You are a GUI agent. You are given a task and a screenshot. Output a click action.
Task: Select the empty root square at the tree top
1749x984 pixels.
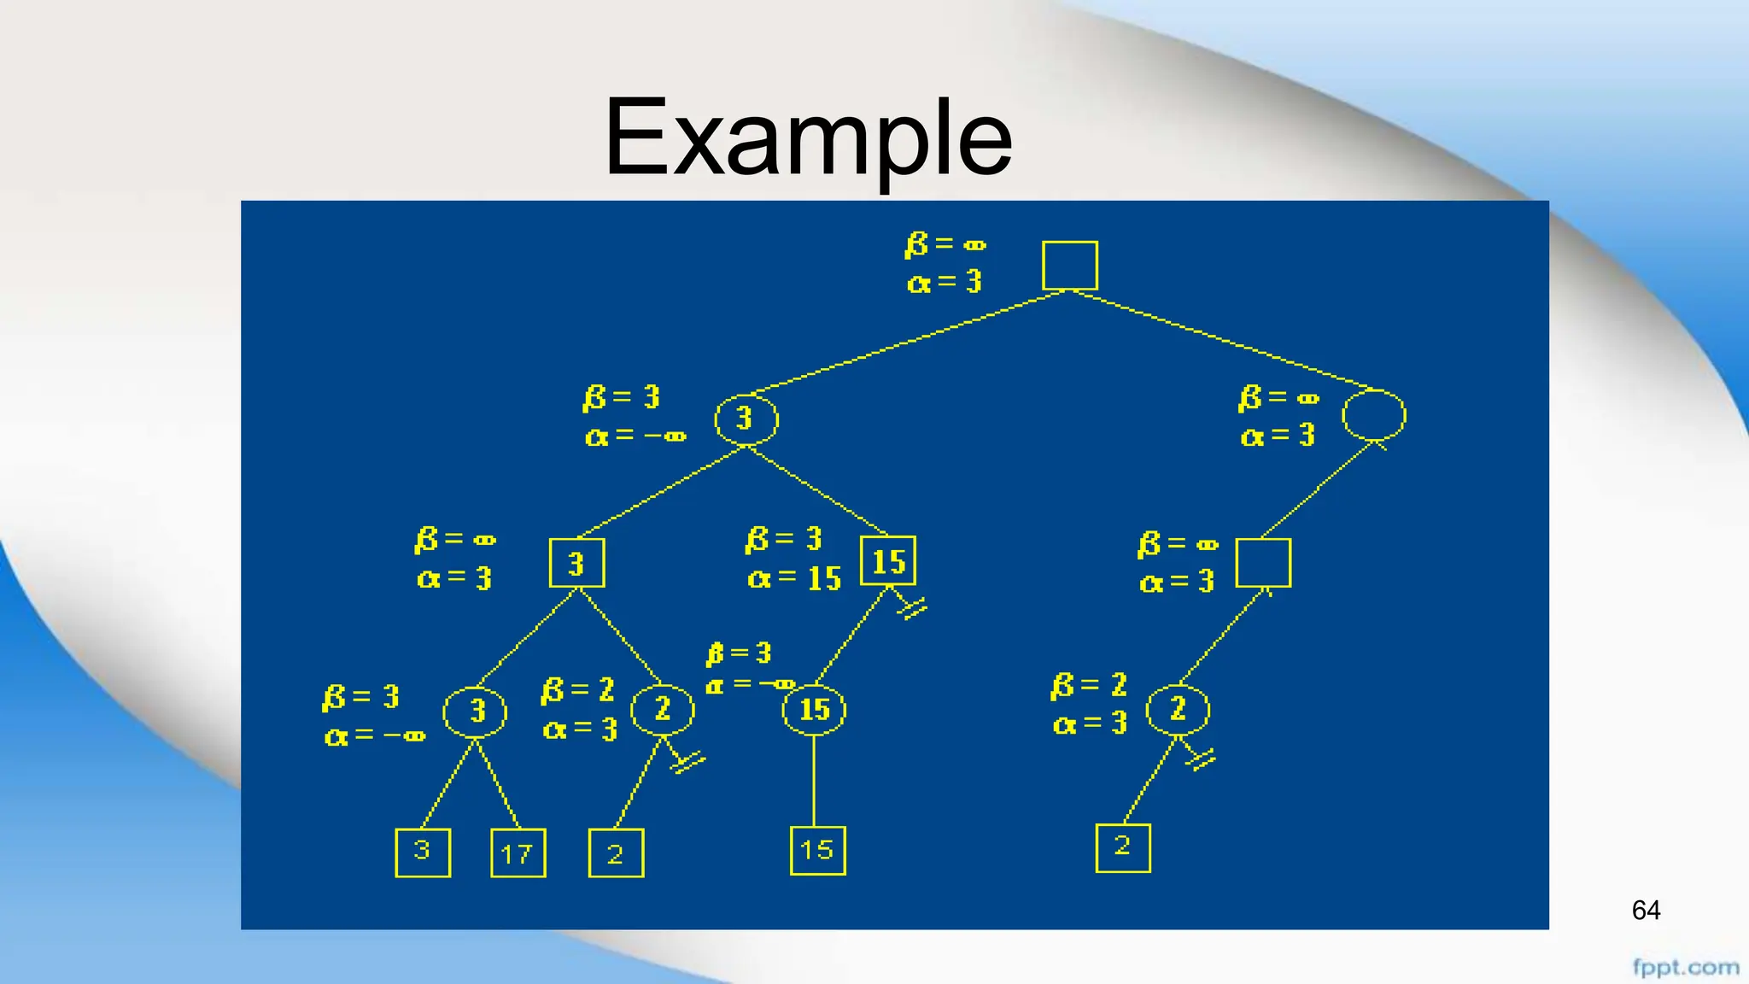(x=1069, y=266)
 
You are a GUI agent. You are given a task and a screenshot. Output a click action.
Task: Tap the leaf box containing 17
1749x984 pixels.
(x=518, y=852)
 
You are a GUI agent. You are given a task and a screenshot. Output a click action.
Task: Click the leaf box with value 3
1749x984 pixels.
(x=423, y=852)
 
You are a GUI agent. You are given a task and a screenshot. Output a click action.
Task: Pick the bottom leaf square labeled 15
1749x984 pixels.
(x=817, y=850)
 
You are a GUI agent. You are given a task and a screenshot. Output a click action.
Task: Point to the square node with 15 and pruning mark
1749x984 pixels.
(x=888, y=561)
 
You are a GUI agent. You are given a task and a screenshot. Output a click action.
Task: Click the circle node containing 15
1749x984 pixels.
(x=814, y=709)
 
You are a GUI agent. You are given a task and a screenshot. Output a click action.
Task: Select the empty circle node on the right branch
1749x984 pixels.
(x=1373, y=416)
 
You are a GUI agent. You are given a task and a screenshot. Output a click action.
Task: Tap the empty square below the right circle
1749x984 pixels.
(x=1263, y=563)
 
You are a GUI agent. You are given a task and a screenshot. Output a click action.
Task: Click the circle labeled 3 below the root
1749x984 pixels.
(x=746, y=419)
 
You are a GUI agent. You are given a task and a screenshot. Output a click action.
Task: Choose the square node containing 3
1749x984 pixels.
(x=576, y=563)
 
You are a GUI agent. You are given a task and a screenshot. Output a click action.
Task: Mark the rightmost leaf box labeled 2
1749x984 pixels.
(x=1122, y=847)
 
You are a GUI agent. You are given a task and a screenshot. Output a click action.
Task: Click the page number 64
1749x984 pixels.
(x=1645, y=910)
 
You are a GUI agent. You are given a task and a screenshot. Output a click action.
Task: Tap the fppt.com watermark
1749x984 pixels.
(x=1685, y=967)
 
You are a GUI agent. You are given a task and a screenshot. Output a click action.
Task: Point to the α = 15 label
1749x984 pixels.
(x=794, y=579)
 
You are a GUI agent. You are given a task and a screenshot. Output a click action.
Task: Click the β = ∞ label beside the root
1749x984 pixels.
(x=945, y=244)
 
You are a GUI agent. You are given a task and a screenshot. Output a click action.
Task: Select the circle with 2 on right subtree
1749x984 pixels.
(x=1178, y=709)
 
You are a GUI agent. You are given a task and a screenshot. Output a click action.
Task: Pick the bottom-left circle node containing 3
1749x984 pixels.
(x=475, y=711)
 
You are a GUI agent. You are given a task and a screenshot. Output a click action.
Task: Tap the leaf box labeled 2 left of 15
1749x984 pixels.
(x=616, y=852)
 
